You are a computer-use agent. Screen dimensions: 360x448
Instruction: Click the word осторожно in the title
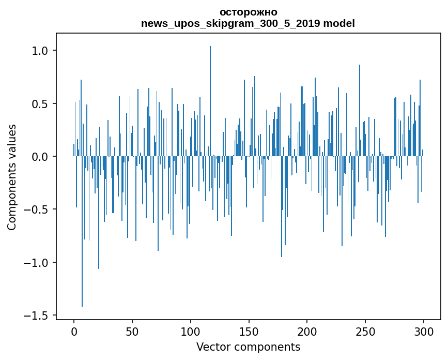tap(249, 12)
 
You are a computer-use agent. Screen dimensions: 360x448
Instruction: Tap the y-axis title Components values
tap(12, 177)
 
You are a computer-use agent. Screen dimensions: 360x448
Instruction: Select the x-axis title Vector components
tap(248, 347)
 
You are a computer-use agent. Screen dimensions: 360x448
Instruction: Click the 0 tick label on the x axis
tap(74, 331)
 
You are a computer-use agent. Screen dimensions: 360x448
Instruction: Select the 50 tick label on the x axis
tap(132, 331)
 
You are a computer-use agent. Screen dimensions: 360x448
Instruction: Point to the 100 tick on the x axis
tap(191, 331)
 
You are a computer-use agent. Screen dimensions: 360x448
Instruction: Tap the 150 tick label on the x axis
tap(249, 331)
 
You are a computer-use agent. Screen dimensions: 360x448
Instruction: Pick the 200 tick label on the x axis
tap(307, 331)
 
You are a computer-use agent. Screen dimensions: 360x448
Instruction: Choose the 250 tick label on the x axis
tap(365, 331)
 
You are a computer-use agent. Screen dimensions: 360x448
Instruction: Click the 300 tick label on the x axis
tap(424, 331)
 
